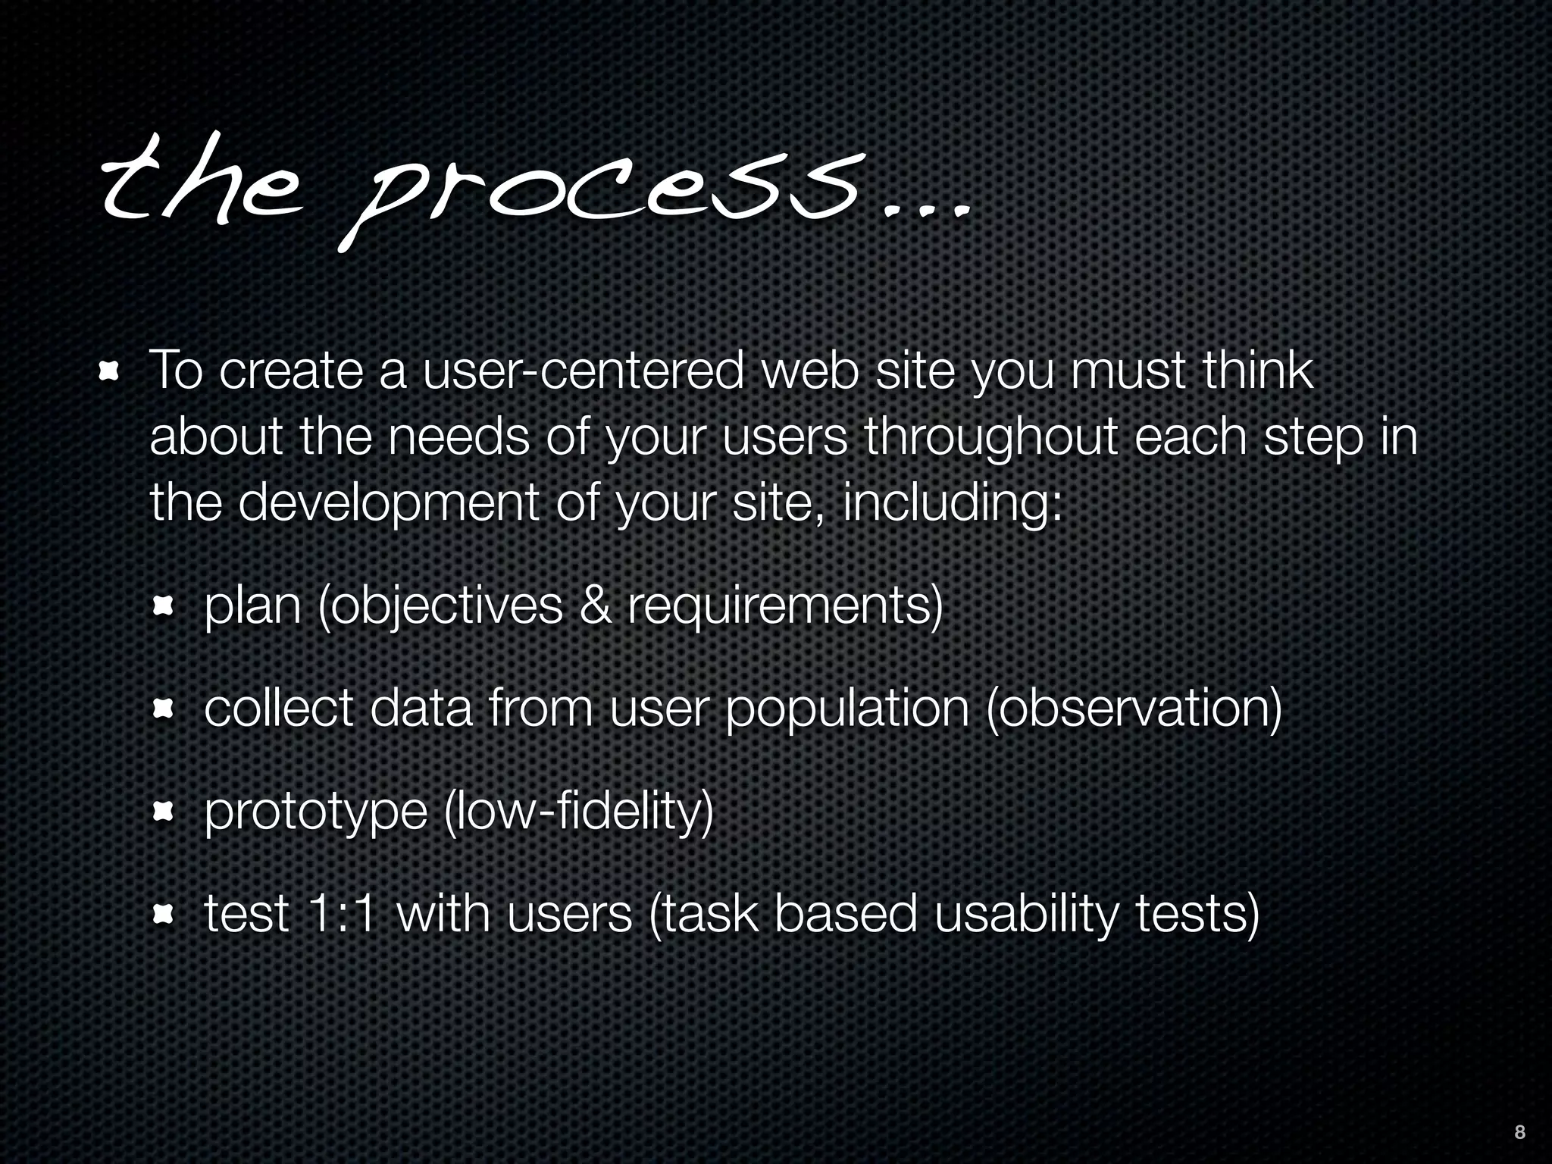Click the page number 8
[x=1519, y=1132]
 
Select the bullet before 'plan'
[x=164, y=607]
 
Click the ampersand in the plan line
[x=595, y=605]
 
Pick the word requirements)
[x=785, y=607]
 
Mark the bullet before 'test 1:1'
[x=164, y=915]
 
